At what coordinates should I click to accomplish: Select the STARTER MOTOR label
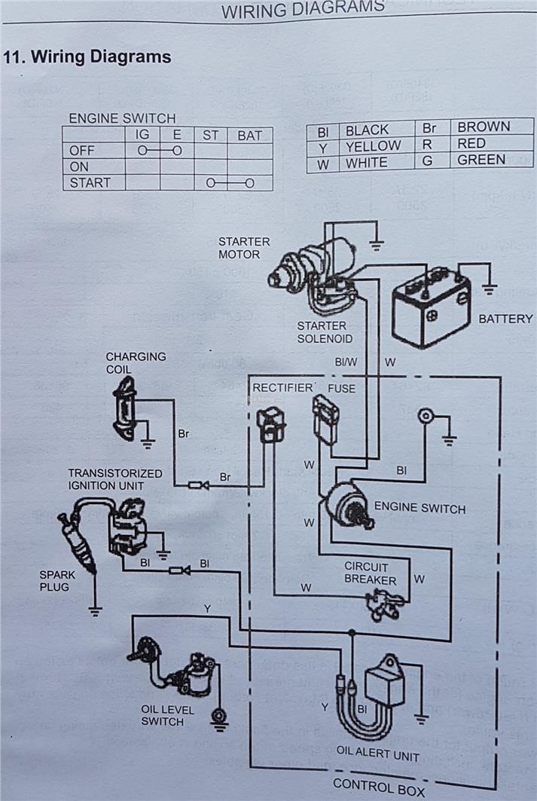click(244, 248)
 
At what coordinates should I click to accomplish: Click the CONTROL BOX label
click(379, 787)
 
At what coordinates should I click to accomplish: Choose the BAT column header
click(249, 136)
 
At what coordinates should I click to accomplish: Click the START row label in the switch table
click(90, 182)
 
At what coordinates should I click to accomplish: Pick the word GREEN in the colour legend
click(481, 160)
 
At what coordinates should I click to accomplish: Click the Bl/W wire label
click(346, 362)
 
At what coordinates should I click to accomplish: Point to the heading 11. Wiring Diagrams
click(88, 57)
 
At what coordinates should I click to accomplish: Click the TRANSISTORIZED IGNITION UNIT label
click(114, 479)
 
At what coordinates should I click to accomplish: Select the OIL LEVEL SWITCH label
click(168, 715)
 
